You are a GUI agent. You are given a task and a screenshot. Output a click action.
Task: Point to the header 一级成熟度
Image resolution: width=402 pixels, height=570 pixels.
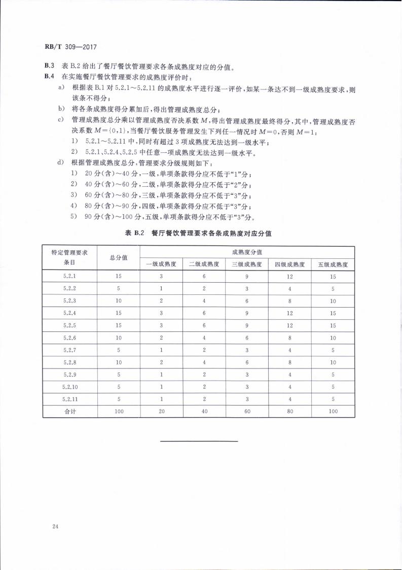pyautogui.click(x=161, y=264)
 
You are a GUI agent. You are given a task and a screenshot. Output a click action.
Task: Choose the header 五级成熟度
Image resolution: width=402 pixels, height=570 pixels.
pyautogui.click(x=333, y=264)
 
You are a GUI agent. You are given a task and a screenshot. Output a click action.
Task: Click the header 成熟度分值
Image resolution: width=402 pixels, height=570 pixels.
pyautogui.click(x=247, y=252)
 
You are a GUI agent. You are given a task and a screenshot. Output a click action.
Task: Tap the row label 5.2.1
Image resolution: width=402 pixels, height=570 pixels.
pyautogui.click(x=69, y=277)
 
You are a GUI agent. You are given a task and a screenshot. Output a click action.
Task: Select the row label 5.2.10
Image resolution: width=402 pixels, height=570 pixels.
pyautogui.click(x=69, y=387)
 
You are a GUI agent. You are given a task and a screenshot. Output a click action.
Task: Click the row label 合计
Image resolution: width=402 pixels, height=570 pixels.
pyautogui.click(x=69, y=411)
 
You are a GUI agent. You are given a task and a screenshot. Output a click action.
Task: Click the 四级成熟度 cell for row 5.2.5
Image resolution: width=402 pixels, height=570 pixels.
pyautogui.click(x=290, y=325)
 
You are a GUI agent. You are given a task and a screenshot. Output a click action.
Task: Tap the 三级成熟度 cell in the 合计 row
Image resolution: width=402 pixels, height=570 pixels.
pyautogui.click(x=247, y=411)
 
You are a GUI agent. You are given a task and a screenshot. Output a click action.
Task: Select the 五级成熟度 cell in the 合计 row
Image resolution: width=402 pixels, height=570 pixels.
pyautogui.click(x=333, y=411)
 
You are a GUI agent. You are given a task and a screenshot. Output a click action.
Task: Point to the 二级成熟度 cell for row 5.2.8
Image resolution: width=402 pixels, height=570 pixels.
pyautogui.click(x=204, y=362)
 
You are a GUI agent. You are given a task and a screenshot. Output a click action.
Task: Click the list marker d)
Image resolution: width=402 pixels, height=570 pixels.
pyautogui.click(x=61, y=162)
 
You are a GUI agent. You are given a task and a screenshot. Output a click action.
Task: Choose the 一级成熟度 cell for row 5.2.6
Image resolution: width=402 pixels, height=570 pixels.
pyautogui.click(x=161, y=338)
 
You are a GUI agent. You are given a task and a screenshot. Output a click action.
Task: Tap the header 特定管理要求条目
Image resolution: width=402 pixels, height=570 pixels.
pyautogui.click(x=69, y=258)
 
